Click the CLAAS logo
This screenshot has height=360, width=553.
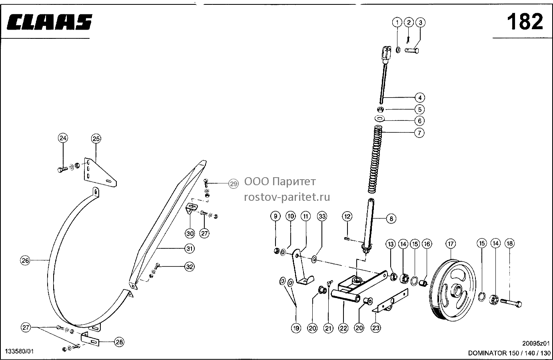pyautogui.click(x=49, y=22)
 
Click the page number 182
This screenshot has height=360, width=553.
pyautogui.click(x=525, y=22)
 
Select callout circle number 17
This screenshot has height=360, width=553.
pyautogui.click(x=451, y=244)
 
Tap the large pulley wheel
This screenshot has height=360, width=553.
pyautogui.click(x=453, y=290)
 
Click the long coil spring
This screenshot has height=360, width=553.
pyautogui.click(x=375, y=159)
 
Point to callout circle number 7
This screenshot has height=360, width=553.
pyautogui.click(x=419, y=133)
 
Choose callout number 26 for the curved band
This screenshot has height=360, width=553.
pyautogui.click(x=25, y=260)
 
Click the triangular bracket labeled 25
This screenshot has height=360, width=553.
pyautogui.click(x=100, y=172)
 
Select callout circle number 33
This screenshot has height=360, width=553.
pyautogui.click(x=322, y=216)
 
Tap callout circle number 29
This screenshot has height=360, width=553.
pyautogui.click(x=233, y=184)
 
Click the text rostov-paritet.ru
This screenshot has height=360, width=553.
pyautogui.click(x=287, y=197)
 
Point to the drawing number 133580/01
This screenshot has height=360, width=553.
pyautogui.click(x=19, y=351)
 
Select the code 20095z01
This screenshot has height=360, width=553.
pyautogui.click(x=536, y=344)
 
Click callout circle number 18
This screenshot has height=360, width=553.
pyautogui.click(x=510, y=244)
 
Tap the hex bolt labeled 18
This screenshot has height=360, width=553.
pyautogui.click(x=511, y=303)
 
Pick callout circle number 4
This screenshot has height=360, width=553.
pyautogui.click(x=420, y=98)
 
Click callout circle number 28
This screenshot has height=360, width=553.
pyautogui.click(x=119, y=342)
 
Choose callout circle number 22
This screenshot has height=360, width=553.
pyautogui.click(x=343, y=328)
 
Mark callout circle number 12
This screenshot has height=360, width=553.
pyautogui.click(x=347, y=216)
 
